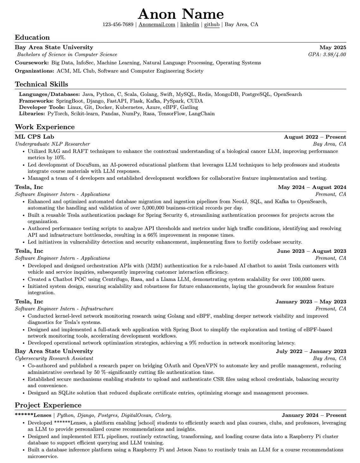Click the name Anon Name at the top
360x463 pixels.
click(x=181, y=14)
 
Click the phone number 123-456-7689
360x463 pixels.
click(x=118, y=25)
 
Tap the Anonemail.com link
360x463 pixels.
click(x=157, y=25)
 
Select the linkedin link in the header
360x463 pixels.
click(x=190, y=25)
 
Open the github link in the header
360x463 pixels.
click(x=212, y=25)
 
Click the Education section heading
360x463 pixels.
click(x=32, y=37)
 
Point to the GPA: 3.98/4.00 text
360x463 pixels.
click(x=327, y=55)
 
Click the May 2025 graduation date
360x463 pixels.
click(x=333, y=47)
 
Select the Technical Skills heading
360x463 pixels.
click(x=41, y=84)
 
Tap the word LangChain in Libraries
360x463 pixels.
click(x=202, y=114)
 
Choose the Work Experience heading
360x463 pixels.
click(x=45, y=127)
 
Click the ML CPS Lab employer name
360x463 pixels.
click(x=34, y=137)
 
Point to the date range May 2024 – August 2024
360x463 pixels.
click(x=312, y=187)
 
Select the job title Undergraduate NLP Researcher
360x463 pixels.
click(x=52, y=144)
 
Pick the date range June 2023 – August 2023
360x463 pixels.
click(x=311, y=251)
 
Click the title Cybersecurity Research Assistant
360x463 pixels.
click(x=54, y=358)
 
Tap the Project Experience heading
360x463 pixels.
click(x=48, y=405)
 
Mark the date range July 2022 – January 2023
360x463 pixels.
click(x=311, y=351)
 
